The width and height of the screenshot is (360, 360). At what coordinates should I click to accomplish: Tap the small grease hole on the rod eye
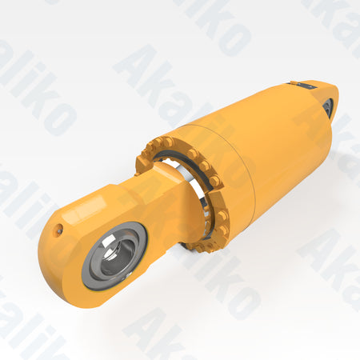click(x=59, y=230)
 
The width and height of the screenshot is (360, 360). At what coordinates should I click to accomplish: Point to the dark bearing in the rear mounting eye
click(x=329, y=107)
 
